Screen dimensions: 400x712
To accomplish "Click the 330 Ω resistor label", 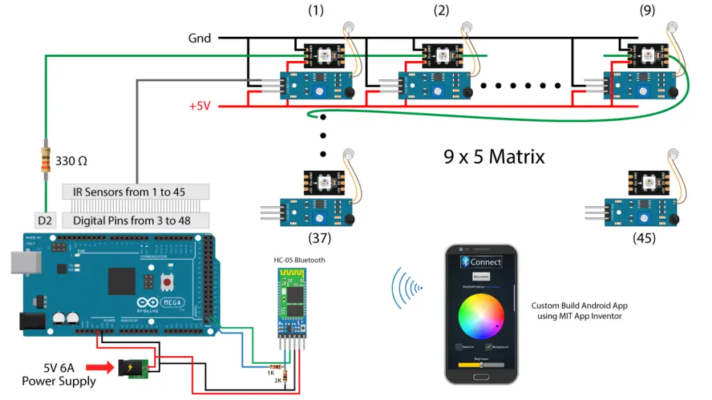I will point(71,161).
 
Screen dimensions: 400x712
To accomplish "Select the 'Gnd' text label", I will point(200,37).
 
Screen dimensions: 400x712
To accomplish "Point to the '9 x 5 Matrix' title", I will point(494,156).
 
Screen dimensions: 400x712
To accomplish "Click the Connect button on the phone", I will point(481,262).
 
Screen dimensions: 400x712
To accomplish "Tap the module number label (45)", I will point(644,238).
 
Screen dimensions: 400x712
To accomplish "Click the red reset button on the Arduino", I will point(167,283).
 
